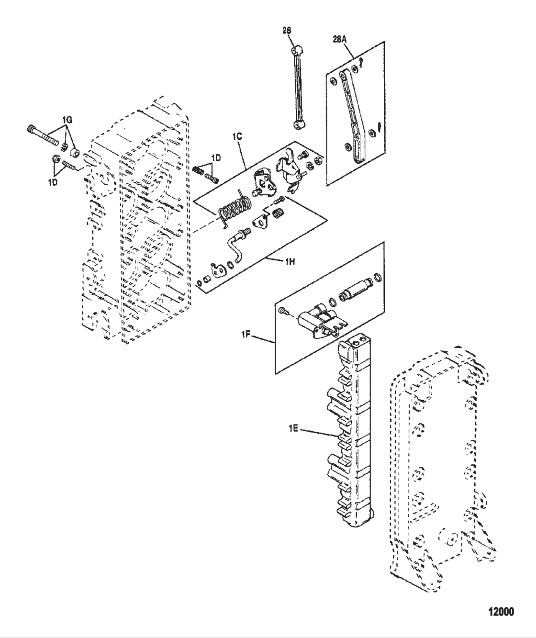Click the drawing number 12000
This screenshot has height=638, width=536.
coord(501,612)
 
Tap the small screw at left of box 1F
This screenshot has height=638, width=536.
coord(283,311)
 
